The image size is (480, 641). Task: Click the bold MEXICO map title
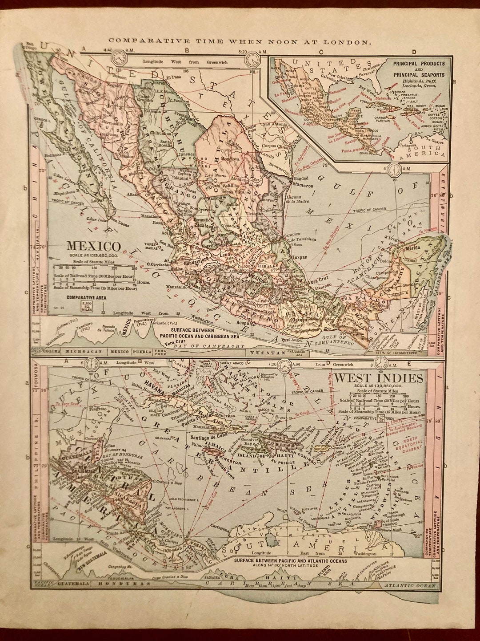(93, 246)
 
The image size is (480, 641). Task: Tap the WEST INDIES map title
(378, 378)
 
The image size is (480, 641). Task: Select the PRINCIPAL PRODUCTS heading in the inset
(419, 63)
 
